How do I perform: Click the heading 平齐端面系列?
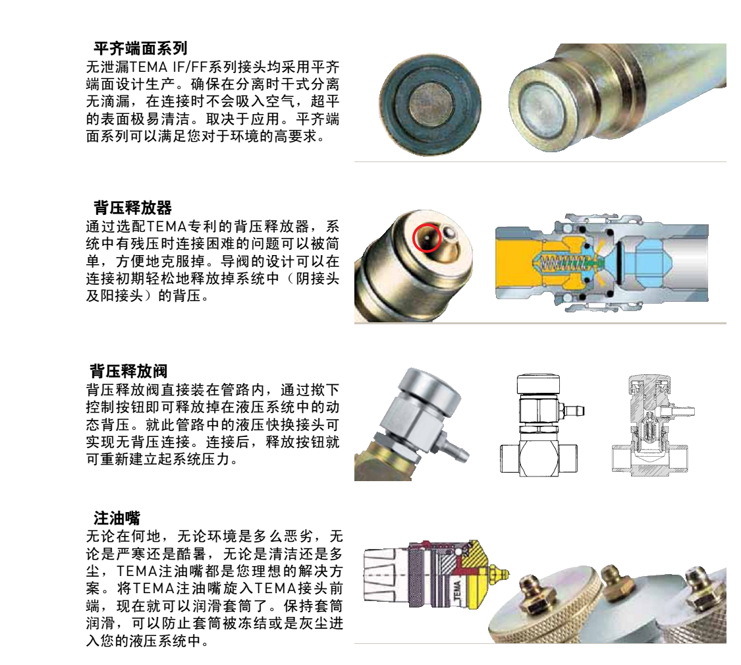pyautogui.click(x=140, y=48)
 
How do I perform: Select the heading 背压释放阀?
pyautogui.click(x=128, y=371)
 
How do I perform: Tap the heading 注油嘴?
pyautogui.click(x=117, y=518)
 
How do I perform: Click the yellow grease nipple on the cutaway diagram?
pyautogui.click(x=499, y=573)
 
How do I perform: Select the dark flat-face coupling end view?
pyautogui.click(x=430, y=105)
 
